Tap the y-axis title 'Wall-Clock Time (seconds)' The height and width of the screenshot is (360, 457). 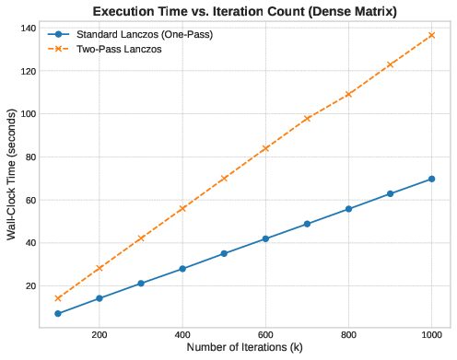(x=12, y=170)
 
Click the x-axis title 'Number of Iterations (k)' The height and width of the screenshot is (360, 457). (x=244, y=347)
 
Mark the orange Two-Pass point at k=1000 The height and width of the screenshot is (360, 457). (x=431, y=35)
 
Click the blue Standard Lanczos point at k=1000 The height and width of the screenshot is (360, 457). (x=431, y=179)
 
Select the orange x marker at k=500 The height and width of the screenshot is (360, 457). (x=224, y=178)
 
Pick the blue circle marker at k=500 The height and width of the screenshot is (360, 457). (x=224, y=253)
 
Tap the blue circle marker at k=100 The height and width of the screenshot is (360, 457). (x=58, y=314)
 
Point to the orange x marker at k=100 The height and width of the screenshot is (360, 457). (x=58, y=298)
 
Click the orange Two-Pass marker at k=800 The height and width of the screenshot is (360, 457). (x=348, y=94)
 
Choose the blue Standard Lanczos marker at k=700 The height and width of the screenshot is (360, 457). (x=307, y=224)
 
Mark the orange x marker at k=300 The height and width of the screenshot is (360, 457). (x=141, y=238)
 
